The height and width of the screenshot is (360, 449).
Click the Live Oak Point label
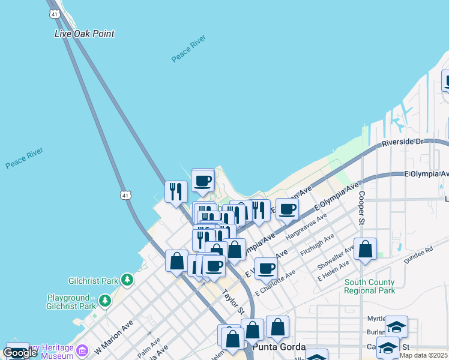pyautogui.click(x=84, y=34)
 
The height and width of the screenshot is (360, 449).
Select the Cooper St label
pyautogui.click(x=361, y=208)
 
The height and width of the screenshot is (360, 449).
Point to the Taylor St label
pyautogui.click(x=234, y=302)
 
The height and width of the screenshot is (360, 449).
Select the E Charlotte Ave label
pyautogui.click(x=275, y=282)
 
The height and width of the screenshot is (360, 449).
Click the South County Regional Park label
pyautogui.click(x=370, y=286)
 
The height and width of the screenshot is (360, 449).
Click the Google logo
pyautogui.click(x=20, y=353)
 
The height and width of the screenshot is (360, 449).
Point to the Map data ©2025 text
pyautogui.click(x=424, y=355)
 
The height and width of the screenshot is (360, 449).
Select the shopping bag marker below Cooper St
pyautogui.click(x=365, y=249)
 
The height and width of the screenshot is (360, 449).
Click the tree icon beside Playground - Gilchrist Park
pyautogui.click(x=105, y=299)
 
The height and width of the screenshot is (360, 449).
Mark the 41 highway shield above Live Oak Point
pyautogui.click(x=55, y=13)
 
